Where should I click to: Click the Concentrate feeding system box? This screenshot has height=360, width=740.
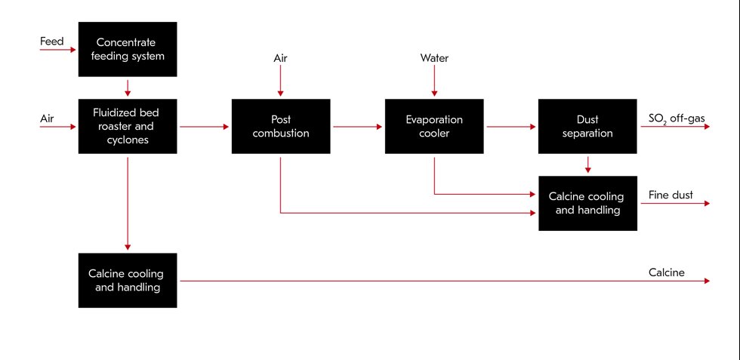128,49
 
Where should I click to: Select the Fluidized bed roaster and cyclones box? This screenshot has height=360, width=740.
128,126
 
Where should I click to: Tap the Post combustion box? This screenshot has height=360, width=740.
280,126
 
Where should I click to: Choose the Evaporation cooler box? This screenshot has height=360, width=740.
433,126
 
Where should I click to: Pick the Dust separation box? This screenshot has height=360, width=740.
587,126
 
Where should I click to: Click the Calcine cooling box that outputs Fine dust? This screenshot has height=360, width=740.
587,203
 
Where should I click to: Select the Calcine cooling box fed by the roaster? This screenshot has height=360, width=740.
128,280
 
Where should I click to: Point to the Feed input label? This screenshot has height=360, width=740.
52,42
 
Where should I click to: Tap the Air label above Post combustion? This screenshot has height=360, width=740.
280,57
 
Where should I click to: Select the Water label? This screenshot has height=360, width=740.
433,57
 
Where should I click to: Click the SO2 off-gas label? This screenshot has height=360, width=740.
677,118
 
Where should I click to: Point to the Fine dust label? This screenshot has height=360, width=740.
671,195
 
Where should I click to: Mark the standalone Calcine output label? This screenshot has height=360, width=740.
667,272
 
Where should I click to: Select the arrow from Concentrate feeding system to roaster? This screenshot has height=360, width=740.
128,87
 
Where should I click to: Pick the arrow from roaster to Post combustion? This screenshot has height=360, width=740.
204,127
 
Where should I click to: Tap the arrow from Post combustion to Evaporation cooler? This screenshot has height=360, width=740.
356,127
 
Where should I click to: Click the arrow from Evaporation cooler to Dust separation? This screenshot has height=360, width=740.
510,127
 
